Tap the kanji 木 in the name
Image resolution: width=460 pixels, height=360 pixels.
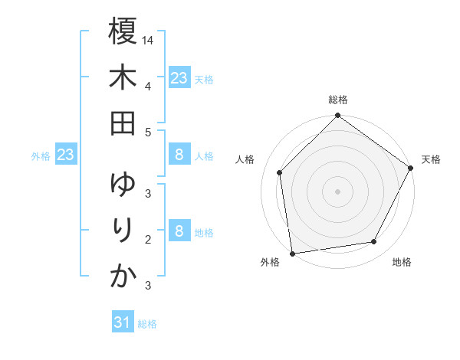point(123,77)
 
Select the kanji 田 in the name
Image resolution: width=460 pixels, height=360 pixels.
point(123,123)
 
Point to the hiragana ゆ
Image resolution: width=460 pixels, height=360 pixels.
point(123,185)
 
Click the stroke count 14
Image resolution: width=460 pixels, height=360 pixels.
point(148,39)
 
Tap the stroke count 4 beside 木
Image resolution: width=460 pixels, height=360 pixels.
point(147,85)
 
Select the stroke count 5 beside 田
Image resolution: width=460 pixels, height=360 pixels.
point(147,131)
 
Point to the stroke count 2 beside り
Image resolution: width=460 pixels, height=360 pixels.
point(147,239)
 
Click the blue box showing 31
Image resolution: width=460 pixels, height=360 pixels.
point(123,322)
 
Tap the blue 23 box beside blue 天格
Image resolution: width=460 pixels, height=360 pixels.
point(179,77)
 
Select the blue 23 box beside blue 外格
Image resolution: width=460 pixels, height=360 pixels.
point(65,155)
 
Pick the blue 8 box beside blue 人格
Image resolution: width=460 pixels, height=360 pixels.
point(179,155)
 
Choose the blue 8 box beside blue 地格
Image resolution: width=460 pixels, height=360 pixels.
point(179,231)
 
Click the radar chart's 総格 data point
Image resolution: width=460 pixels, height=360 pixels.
point(337,116)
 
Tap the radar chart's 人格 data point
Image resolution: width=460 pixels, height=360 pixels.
point(280,172)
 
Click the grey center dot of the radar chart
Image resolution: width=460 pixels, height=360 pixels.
point(337,191)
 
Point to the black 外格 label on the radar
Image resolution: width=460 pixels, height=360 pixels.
point(270,262)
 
